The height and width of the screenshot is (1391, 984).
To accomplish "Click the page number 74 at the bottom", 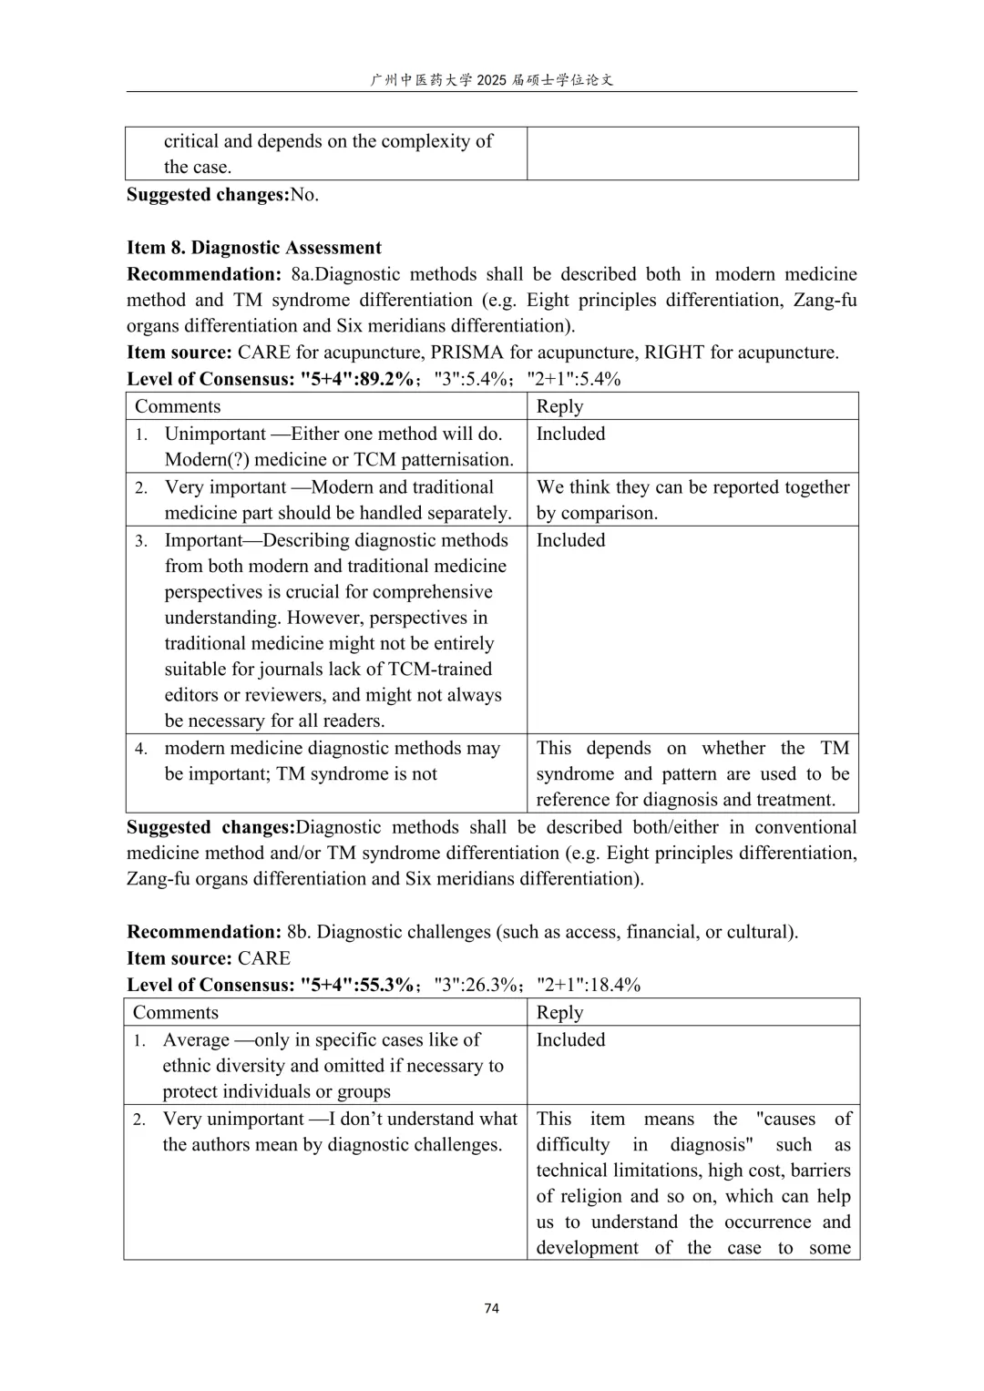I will pyautogui.click(x=492, y=1308).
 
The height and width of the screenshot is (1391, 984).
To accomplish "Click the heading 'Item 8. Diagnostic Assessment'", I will pyautogui.click(x=254, y=248).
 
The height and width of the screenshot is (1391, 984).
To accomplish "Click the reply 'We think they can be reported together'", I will pyautogui.click(x=692, y=487).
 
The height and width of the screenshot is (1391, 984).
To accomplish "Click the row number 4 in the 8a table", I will pyautogui.click(x=141, y=750).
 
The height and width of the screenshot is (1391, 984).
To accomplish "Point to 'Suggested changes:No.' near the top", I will pyautogui.click(x=222, y=195).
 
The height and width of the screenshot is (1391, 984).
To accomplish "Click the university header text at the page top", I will pyautogui.click(x=492, y=80).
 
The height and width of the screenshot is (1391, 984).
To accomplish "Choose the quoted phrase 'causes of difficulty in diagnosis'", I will pyautogui.click(x=692, y=1132).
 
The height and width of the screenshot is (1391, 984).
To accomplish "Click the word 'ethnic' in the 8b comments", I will pyautogui.click(x=190, y=1066).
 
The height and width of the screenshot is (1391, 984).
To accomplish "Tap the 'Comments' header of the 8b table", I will pyautogui.click(x=176, y=1013).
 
